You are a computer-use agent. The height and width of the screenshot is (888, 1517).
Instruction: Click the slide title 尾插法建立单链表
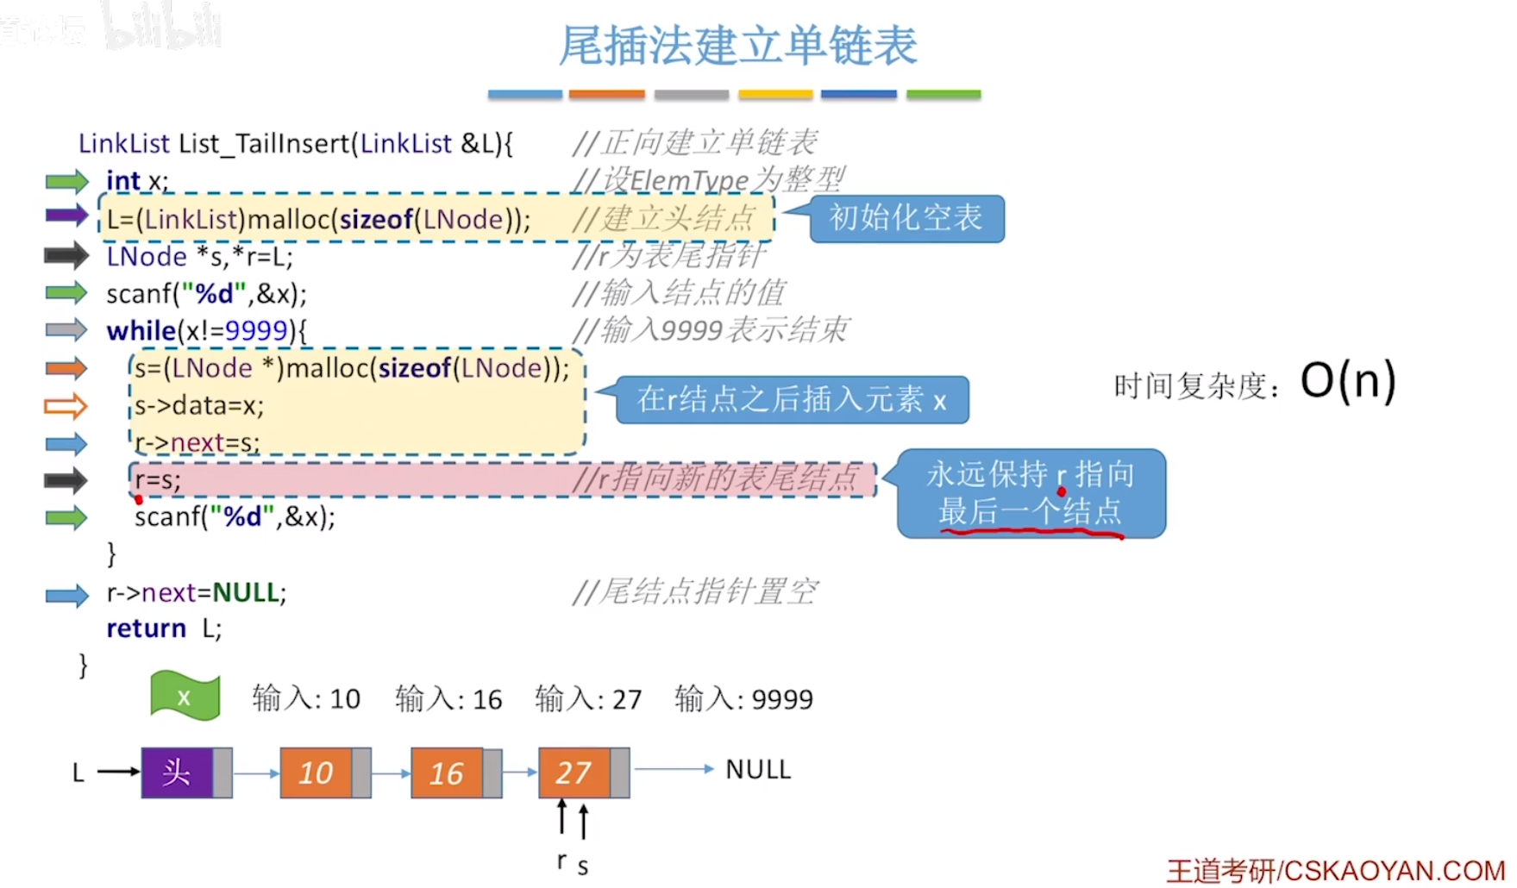[737, 46]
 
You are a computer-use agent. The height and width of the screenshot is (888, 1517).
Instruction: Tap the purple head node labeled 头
[177, 772]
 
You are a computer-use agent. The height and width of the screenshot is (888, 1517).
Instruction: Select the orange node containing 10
[316, 772]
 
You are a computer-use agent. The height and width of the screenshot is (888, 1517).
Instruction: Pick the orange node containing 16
[447, 772]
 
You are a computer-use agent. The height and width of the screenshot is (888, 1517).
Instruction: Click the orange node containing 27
[574, 772]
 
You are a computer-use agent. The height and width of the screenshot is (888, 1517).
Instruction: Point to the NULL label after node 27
[758, 769]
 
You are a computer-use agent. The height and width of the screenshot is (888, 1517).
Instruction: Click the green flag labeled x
[185, 697]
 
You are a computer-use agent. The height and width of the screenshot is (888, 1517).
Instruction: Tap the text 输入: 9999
[743, 699]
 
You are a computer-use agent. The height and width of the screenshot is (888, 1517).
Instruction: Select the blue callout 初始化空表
[906, 218]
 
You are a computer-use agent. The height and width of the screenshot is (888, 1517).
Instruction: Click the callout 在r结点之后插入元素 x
[792, 399]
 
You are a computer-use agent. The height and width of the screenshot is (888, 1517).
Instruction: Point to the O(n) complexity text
[1348, 381]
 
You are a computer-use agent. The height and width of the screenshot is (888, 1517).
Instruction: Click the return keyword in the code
[146, 628]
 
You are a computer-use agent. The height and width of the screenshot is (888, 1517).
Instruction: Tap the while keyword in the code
[141, 331]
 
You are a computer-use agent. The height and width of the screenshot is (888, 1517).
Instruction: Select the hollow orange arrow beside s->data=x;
[66, 405]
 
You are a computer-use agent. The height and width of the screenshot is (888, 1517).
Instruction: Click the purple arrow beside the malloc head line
[66, 216]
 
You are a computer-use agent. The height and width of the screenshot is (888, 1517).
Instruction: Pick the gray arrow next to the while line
[66, 330]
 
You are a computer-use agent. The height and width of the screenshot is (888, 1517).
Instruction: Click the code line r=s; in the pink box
[158, 480]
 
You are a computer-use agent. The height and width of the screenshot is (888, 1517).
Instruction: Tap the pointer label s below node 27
[583, 866]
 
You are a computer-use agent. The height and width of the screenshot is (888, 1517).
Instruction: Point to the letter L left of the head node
[78, 772]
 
